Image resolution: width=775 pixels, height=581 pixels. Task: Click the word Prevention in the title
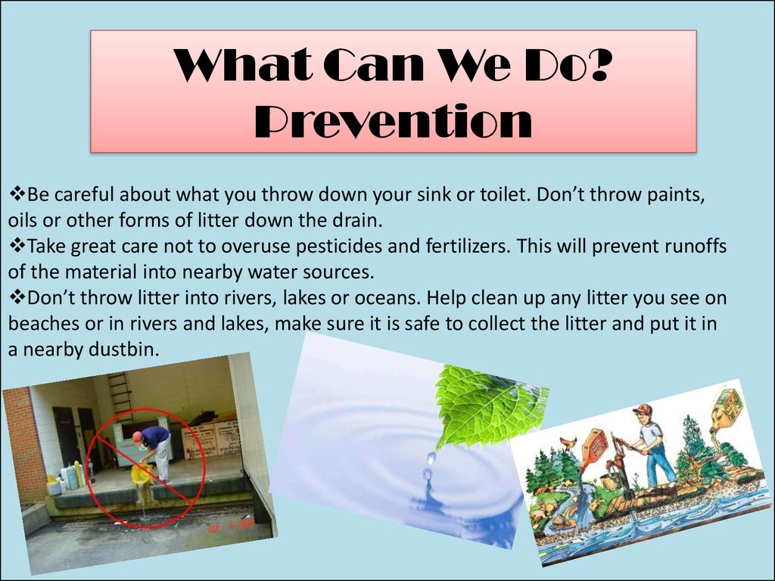(394, 121)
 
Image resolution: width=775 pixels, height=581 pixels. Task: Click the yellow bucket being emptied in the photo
(142, 475)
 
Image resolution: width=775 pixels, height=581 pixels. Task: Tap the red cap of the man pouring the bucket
(137, 436)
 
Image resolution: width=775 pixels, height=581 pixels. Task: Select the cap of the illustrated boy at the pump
(643, 409)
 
